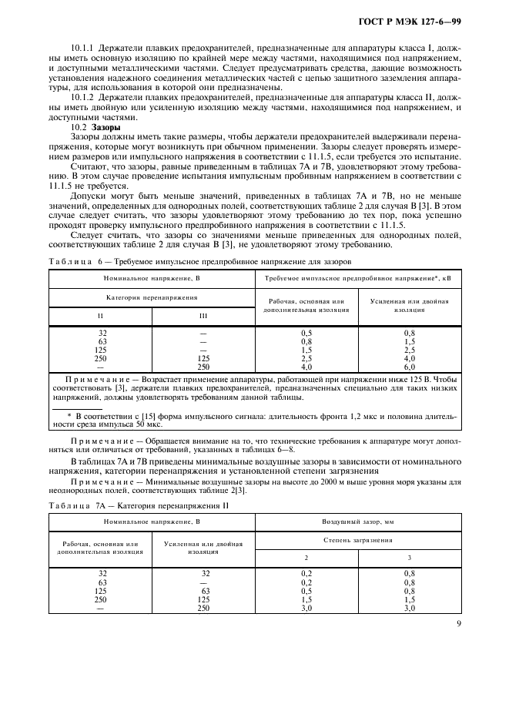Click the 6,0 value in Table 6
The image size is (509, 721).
409,367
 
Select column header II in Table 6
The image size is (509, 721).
100,316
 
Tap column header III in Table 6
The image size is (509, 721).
203,316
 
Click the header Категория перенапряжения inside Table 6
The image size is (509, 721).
152,297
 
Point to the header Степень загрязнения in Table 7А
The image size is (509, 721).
357,541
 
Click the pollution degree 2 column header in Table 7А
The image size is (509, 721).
306,556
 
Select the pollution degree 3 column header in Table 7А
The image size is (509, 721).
409,556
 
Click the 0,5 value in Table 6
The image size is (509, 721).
306,333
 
